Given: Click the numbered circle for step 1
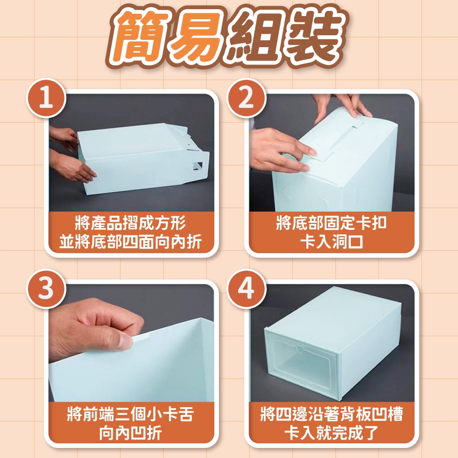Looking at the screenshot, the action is (x=46, y=98).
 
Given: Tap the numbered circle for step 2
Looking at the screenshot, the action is (x=246, y=98).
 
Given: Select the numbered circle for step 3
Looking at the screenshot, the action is (x=46, y=289).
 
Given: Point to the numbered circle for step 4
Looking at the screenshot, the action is (x=246, y=289).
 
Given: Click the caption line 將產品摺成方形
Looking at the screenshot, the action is (x=130, y=223).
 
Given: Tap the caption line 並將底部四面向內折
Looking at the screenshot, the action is (x=130, y=242).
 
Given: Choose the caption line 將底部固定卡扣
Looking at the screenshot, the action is (x=331, y=223).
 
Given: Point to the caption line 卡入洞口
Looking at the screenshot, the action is (x=331, y=242).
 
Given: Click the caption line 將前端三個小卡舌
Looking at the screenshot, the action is (x=130, y=414).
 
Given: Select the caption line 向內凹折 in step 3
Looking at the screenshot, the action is (x=130, y=433).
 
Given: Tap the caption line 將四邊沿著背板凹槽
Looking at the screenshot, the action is (x=331, y=414).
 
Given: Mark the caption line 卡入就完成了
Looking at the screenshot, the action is (x=331, y=433).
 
